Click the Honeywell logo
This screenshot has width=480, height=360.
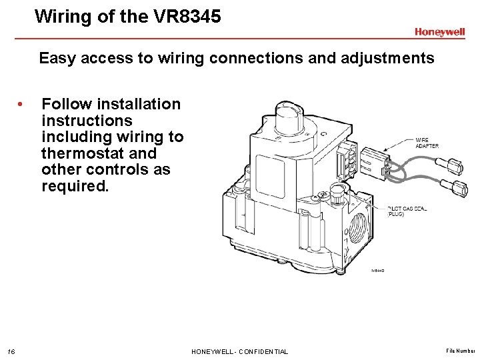[439, 32]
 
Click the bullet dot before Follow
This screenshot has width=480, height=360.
[22, 104]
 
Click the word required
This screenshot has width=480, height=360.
[75, 186]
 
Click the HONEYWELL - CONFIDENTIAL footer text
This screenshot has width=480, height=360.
[239, 351]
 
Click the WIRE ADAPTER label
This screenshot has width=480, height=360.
[427, 143]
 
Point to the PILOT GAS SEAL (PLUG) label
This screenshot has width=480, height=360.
[407, 211]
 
